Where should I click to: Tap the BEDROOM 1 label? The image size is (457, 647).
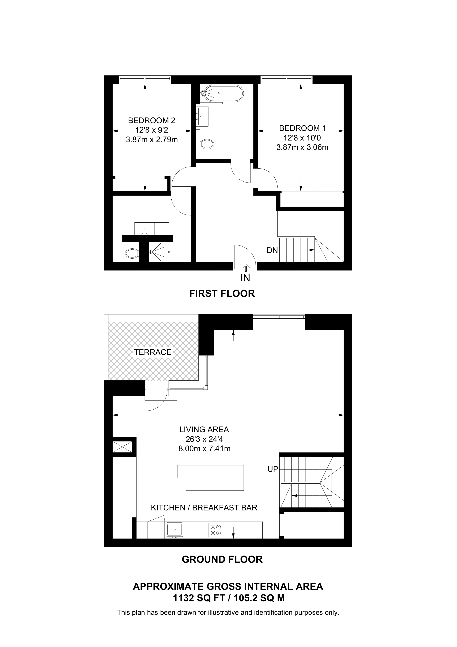(302, 128)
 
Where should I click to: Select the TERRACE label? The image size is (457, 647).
(153, 352)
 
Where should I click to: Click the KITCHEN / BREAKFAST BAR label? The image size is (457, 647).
(204, 508)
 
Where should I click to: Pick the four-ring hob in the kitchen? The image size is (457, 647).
(216, 530)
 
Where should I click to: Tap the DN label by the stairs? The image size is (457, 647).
(272, 250)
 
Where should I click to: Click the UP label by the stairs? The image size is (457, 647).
(273, 469)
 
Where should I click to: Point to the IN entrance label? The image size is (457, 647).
(245, 278)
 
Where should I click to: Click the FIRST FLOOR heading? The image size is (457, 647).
(222, 294)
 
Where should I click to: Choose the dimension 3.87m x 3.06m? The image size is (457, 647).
(302, 147)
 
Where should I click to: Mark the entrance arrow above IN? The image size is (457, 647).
(246, 268)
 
